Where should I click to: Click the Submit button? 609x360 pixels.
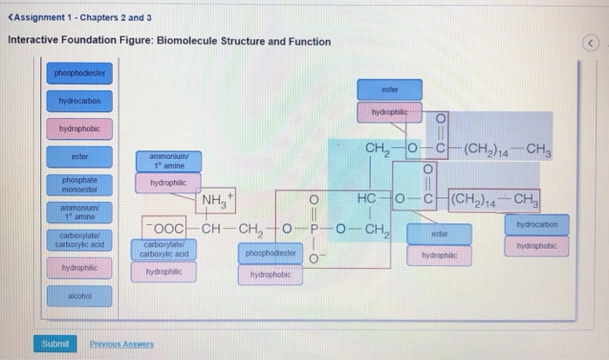point(54,343)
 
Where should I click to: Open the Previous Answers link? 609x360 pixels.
point(122,344)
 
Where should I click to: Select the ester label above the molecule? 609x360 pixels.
point(389,89)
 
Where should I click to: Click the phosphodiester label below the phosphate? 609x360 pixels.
point(271,253)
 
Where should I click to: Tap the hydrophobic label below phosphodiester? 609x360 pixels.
point(271,275)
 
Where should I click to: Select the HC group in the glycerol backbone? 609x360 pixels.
point(365,200)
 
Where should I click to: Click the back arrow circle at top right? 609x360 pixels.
point(591,43)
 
